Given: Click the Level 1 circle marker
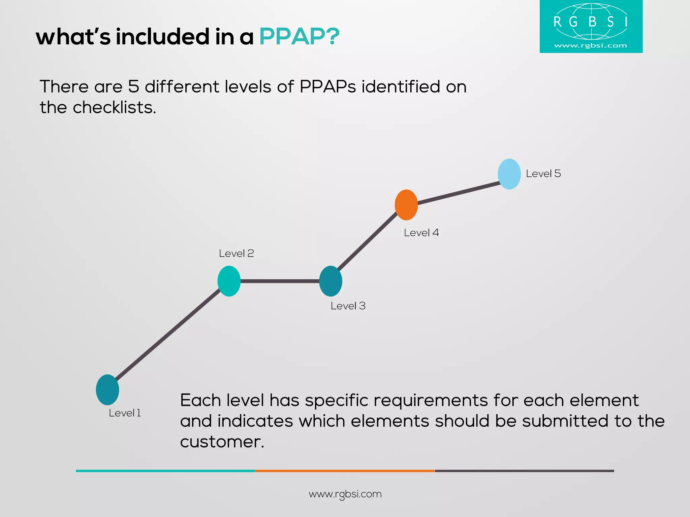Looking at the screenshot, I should pyautogui.click(x=107, y=390).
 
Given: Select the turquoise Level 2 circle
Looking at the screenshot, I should pyautogui.click(x=229, y=281).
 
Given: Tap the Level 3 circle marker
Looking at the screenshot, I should pyautogui.click(x=331, y=281).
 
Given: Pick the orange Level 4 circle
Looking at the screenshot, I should pyautogui.click(x=406, y=205).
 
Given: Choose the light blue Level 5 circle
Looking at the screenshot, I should pyautogui.click(x=509, y=174).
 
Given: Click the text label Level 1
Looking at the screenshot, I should pyautogui.click(x=125, y=413).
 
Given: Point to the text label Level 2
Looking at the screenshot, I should pyautogui.click(x=236, y=253).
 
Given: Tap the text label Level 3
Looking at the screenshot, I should pyautogui.click(x=348, y=306).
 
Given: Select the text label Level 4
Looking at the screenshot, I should pyautogui.click(x=421, y=233).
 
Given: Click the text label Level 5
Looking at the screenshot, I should pyautogui.click(x=543, y=174).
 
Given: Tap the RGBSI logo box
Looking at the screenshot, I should pyautogui.click(x=591, y=26).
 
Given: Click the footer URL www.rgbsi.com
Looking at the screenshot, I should pyautogui.click(x=345, y=494).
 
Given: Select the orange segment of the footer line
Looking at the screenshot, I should pyautogui.click(x=345, y=471).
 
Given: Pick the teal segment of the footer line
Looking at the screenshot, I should pyautogui.click(x=165, y=471).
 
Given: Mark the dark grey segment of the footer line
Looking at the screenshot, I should pyautogui.click(x=524, y=471).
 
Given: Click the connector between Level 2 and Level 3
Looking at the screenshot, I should pyautogui.click(x=280, y=281).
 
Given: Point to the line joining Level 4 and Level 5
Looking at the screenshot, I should pyautogui.click(x=458, y=193).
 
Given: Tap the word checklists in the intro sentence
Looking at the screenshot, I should pyautogui.click(x=114, y=108).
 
